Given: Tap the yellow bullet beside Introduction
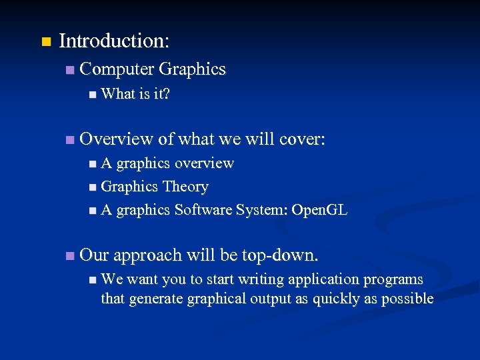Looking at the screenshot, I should (x=45, y=42).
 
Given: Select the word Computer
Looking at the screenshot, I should (x=116, y=69).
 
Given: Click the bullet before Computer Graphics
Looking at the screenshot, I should (x=70, y=70).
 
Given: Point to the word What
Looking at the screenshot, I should (x=118, y=94).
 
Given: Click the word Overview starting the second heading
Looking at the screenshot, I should (x=116, y=139).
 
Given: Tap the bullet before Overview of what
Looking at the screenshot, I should (x=70, y=140).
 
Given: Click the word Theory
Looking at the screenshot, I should (x=185, y=187).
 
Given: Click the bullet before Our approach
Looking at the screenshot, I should (x=70, y=256).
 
